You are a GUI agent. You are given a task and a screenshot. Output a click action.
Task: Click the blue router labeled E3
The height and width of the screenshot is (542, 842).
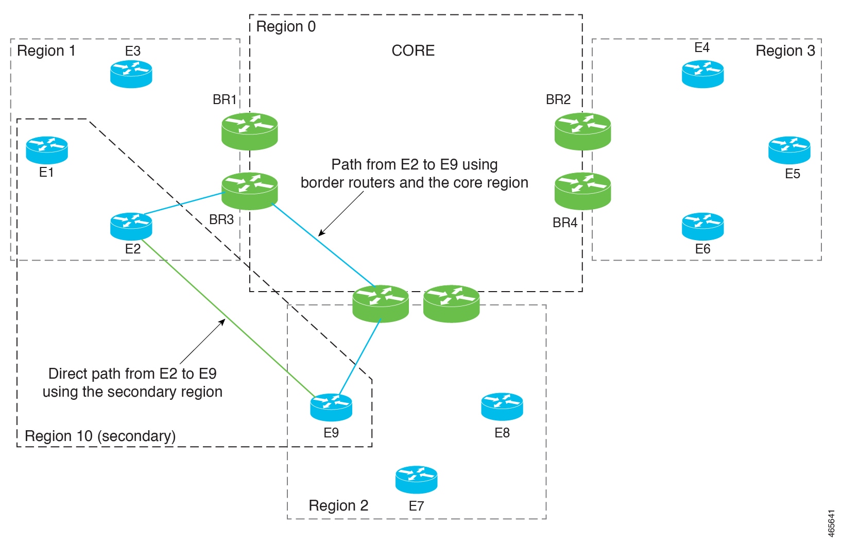131,74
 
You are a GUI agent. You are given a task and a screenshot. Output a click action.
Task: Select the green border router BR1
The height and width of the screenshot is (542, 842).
250,131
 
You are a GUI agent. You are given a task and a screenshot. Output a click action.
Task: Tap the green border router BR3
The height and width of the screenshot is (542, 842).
250,191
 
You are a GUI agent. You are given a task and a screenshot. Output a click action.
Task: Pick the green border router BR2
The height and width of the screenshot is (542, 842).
582,131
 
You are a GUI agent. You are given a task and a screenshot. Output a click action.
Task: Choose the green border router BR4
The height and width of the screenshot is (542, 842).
582,191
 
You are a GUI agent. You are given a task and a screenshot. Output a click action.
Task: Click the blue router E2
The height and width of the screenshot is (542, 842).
131,226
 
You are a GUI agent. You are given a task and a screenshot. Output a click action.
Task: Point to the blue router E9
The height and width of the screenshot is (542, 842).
331,407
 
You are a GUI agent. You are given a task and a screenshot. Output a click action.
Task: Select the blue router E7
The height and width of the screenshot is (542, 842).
416,480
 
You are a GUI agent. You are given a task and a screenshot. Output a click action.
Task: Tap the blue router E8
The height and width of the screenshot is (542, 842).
502,407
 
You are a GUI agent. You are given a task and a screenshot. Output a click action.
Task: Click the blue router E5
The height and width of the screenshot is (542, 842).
789,150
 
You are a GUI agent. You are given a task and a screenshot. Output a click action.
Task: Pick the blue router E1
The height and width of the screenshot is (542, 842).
47,150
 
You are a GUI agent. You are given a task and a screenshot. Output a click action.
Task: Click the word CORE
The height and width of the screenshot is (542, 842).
413,50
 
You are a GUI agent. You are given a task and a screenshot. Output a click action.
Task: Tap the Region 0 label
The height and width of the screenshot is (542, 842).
286,26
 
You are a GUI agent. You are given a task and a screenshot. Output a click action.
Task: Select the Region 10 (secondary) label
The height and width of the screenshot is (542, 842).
100,436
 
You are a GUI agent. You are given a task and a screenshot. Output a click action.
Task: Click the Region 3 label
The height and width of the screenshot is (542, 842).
785,50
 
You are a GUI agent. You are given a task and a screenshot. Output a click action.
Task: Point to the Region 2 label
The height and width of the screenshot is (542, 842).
338,505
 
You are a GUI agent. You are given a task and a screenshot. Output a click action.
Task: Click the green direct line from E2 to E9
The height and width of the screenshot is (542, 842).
227,318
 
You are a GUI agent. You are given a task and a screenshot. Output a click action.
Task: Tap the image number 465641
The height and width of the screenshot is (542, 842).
831,523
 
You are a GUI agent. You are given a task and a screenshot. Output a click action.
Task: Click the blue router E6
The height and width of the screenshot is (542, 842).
702,226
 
